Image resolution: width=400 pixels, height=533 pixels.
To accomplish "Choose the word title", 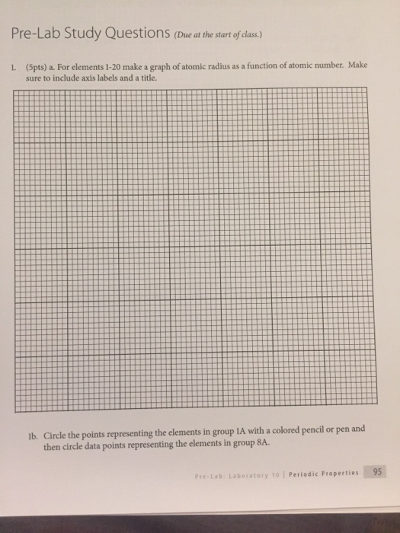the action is [x=145, y=77].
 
